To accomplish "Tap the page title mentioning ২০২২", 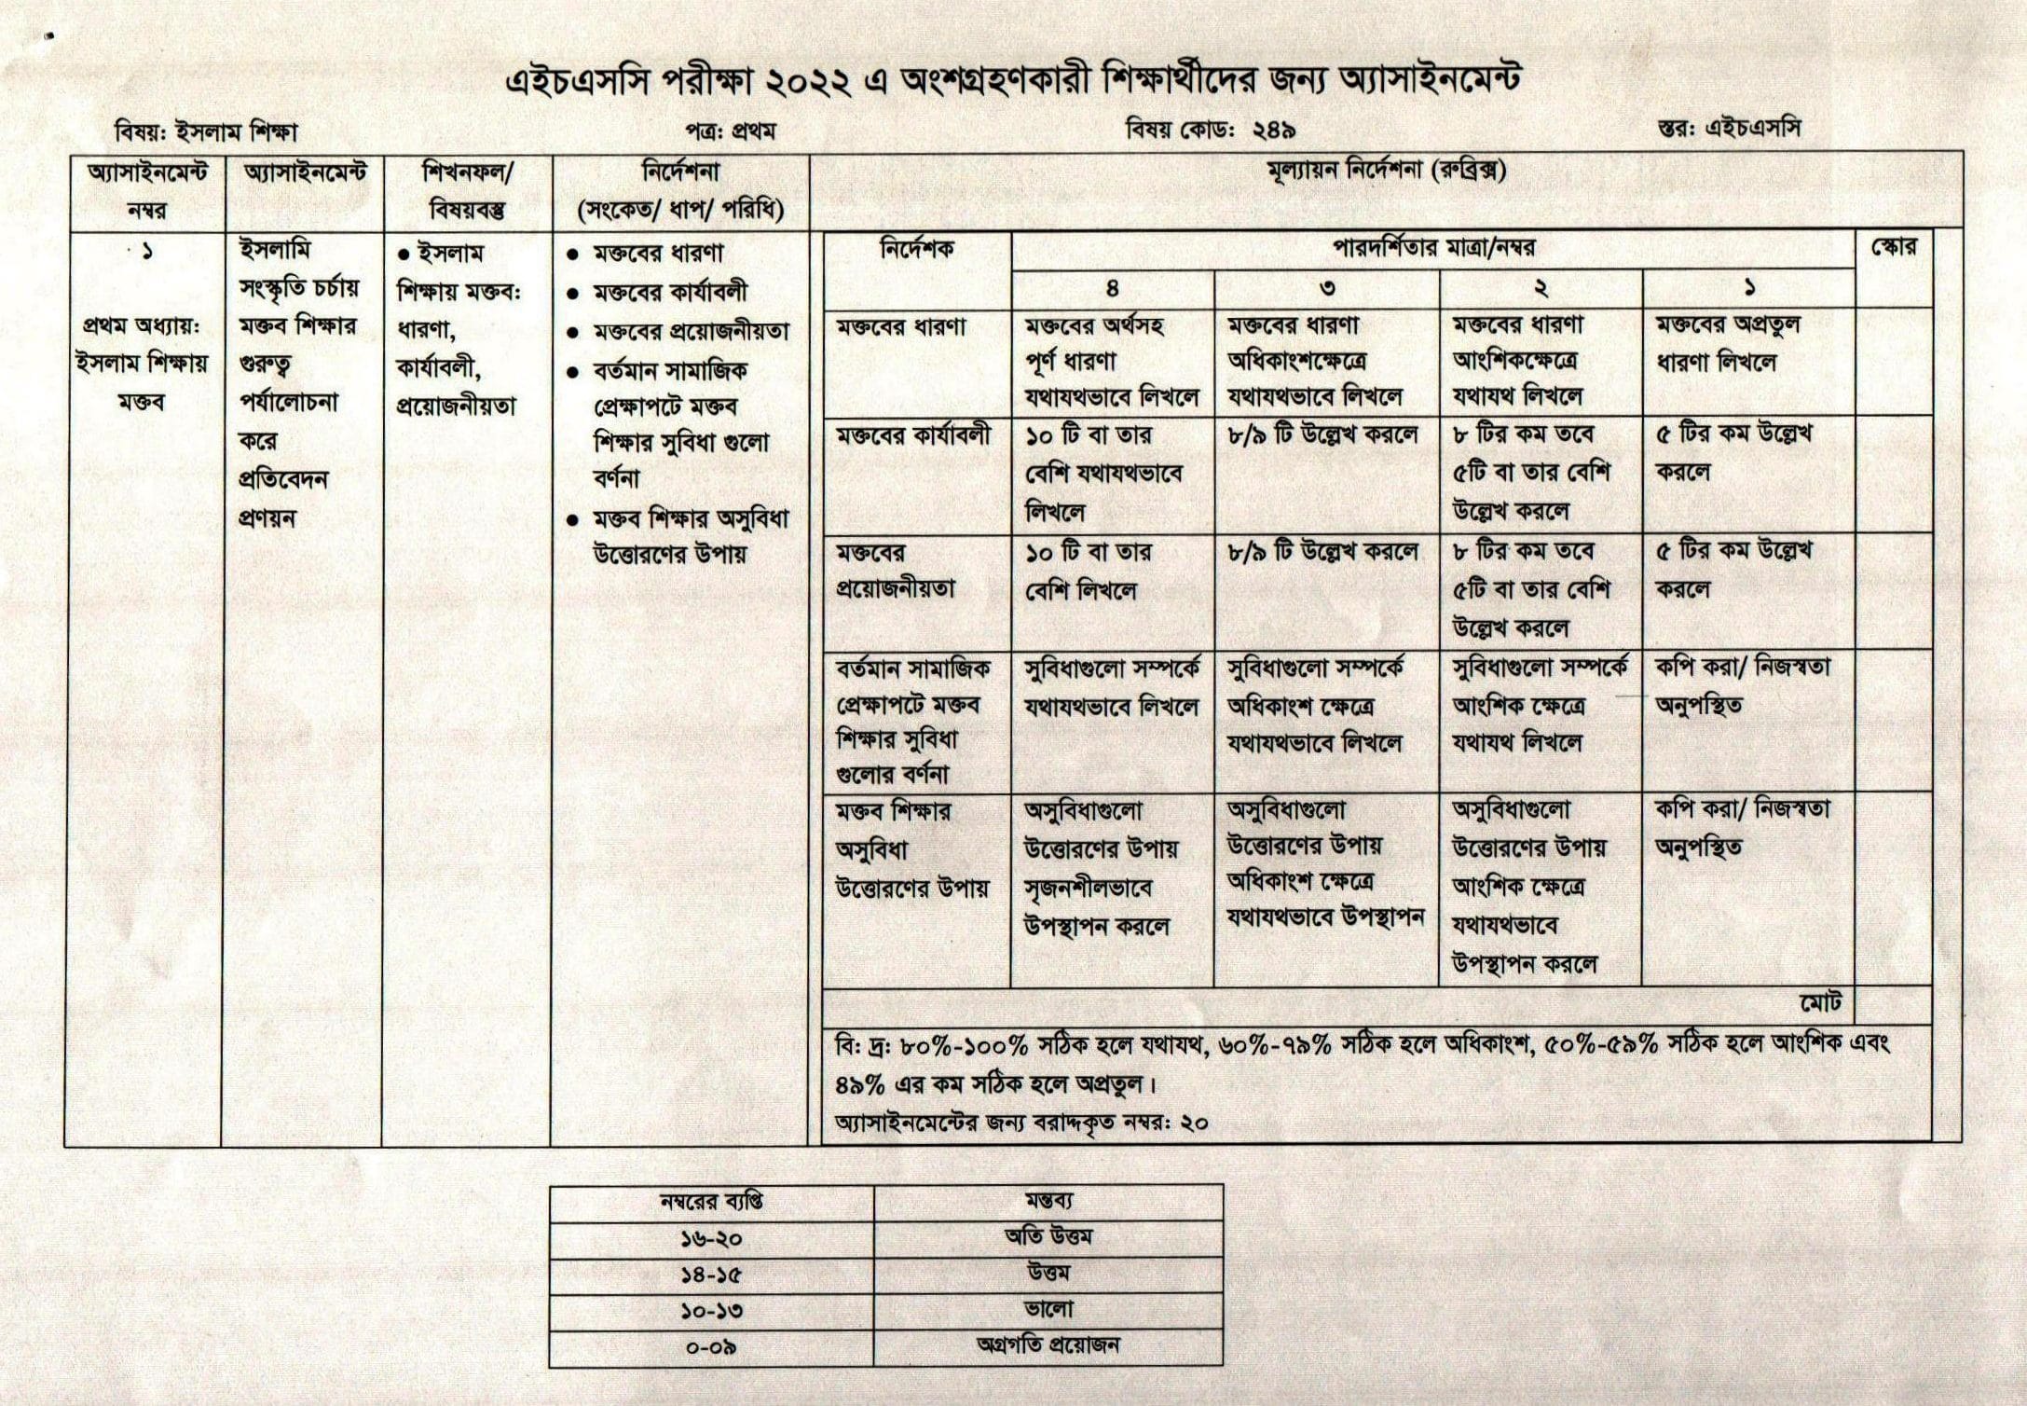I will pos(1012,81).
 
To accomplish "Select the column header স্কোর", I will pos(1894,249).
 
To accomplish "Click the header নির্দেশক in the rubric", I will pos(917,250).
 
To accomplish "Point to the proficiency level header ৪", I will pos(1113,289).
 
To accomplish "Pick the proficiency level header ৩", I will pos(1327,289).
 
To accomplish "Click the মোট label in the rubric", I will pos(1820,1003).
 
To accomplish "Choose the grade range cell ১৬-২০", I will pos(711,1240).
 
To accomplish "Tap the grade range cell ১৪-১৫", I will pos(711,1275).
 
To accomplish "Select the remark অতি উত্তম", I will pos(1048,1238).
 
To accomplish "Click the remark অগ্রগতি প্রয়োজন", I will pos(1048,1345).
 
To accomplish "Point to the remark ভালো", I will pos(1048,1310).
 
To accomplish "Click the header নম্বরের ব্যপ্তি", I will pos(711,1203).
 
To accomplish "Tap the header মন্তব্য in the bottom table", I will pos(1048,1202).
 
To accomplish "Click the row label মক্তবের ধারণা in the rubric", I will pos(900,328).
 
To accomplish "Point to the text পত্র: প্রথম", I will pos(731,132).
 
